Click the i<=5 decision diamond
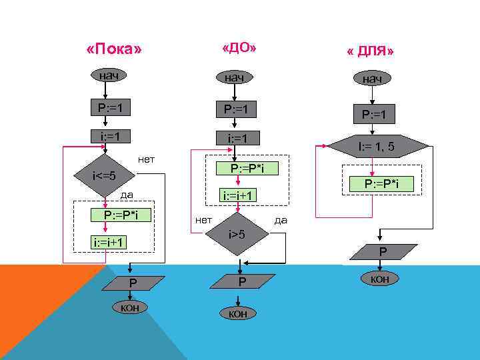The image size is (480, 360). tap(105, 177)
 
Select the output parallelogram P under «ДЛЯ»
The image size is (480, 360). tap(382, 251)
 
